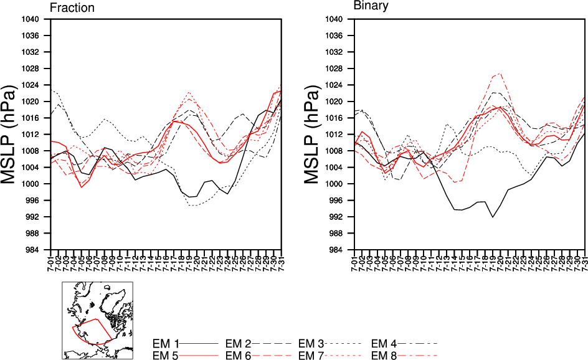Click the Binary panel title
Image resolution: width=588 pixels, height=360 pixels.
(x=371, y=6)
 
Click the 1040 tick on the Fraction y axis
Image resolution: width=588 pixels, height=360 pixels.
(x=31, y=19)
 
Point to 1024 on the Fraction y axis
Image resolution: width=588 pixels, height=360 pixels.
(x=31, y=85)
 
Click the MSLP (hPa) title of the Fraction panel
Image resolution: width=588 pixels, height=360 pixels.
(x=14, y=134)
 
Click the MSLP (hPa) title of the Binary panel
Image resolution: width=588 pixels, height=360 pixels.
(x=315, y=134)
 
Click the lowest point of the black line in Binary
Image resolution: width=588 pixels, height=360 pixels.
(x=493, y=217)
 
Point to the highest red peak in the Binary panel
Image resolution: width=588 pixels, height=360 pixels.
(x=500, y=73)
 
